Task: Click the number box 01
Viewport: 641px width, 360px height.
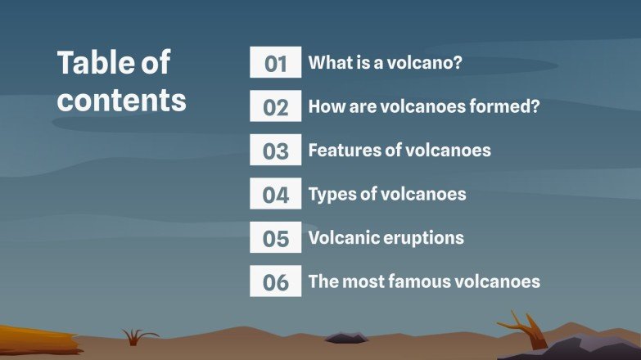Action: pos(276,63)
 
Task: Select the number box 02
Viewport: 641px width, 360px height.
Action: pos(276,107)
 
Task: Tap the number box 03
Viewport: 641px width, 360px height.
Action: pos(276,151)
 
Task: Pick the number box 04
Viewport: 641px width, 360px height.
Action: pos(276,195)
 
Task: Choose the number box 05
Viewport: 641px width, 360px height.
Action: pos(276,238)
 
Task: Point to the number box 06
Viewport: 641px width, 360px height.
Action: pos(276,282)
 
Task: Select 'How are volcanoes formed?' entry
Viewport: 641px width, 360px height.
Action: pos(423,106)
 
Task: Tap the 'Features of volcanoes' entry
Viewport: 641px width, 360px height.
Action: pos(399,151)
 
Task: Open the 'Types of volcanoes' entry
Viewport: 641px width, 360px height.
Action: pos(386,194)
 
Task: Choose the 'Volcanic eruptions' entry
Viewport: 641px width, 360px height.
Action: pos(386,238)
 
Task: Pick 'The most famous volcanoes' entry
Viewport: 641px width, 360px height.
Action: pos(423,281)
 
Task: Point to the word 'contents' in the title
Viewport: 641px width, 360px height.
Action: pos(122,100)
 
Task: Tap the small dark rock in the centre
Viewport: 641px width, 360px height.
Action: pos(345,337)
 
